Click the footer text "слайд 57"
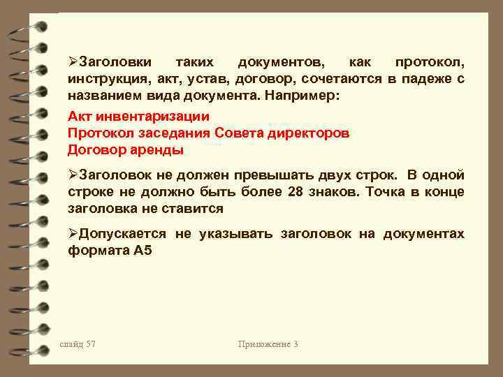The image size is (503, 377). click(78, 344)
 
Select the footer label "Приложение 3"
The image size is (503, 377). click(268, 344)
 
